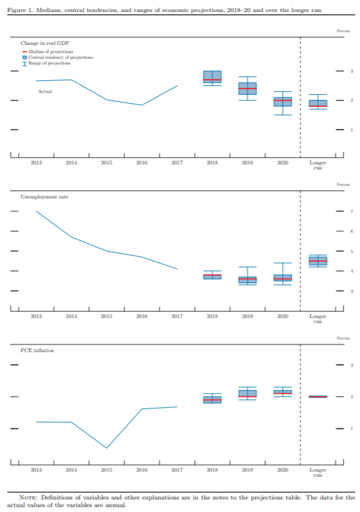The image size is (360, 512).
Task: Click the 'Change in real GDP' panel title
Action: tap(45, 43)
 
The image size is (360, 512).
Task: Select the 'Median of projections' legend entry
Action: tap(47, 52)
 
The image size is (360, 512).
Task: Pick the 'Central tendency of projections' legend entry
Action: tap(58, 58)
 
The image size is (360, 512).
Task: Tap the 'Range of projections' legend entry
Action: tap(46, 63)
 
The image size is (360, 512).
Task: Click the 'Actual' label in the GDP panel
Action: tap(45, 92)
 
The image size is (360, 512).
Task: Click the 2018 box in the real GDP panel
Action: tap(212, 76)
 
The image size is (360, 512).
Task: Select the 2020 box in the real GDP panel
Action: tap(283, 102)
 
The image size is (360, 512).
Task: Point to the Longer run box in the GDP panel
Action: tap(318, 103)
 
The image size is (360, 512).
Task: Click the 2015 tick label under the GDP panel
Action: tap(106, 162)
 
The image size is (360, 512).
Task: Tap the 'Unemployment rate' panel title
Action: tap(44, 197)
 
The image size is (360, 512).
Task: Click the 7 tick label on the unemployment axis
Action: tap(352, 212)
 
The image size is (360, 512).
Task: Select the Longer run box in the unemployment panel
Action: tap(318, 261)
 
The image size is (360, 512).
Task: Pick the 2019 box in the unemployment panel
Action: tap(247, 280)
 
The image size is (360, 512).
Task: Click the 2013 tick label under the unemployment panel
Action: tap(36, 316)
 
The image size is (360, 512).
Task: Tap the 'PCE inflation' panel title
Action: tap(37, 350)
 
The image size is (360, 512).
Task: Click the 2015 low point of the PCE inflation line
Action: tap(106, 448)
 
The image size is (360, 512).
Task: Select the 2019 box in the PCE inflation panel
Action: tap(247, 393)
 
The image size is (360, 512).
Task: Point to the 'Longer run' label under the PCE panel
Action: tap(318, 472)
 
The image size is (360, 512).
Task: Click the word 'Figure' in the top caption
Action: tap(16, 10)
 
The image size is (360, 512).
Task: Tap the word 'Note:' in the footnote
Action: tap(28, 497)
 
